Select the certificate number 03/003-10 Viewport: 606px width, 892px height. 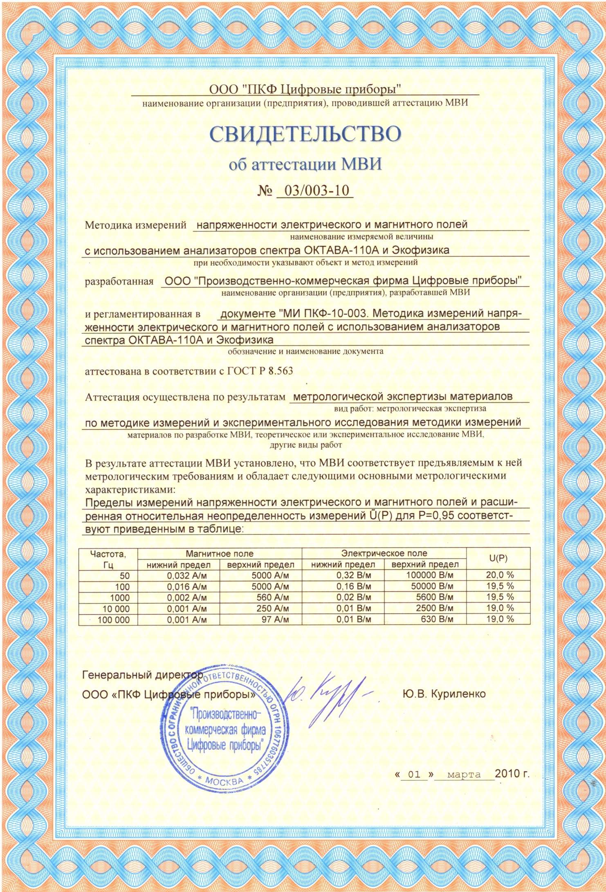(x=315, y=191)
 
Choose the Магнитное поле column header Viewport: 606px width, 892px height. (x=220, y=553)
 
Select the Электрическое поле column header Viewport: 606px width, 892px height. (x=384, y=553)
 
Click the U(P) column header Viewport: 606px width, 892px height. (x=498, y=559)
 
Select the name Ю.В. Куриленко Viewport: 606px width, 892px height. (x=444, y=694)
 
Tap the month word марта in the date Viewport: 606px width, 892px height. (x=464, y=775)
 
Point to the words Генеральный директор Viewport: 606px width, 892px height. (x=142, y=675)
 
